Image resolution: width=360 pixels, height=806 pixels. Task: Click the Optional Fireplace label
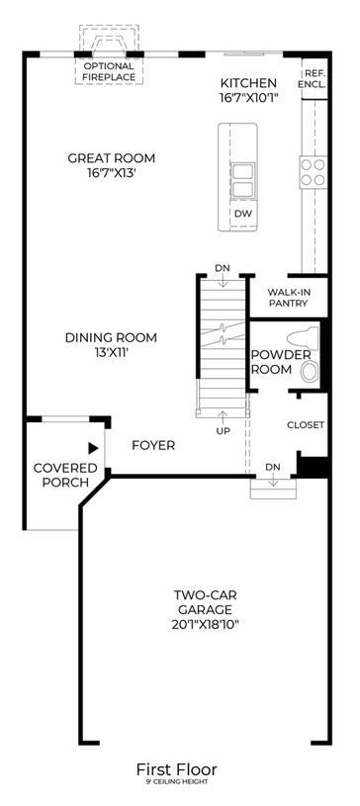tap(109, 72)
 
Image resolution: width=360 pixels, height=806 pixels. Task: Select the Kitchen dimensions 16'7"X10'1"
tap(249, 97)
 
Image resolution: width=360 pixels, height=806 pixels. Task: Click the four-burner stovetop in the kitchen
tap(313, 172)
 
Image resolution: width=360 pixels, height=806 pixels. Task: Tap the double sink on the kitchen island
tap(242, 180)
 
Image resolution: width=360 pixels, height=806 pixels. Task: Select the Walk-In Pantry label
tap(288, 298)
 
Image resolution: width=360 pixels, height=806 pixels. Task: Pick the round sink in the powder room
tap(310, 372)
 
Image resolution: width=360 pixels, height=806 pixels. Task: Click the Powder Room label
tap(280, 362)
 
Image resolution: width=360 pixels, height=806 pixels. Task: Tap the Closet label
tap(306, 425)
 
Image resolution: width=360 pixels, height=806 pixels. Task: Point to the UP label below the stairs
tap(224, 431)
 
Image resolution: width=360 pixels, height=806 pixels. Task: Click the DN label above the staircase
tap(223, 268)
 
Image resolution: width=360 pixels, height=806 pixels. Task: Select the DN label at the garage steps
tap(273, 467)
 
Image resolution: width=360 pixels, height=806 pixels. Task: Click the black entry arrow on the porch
tap(93, 448)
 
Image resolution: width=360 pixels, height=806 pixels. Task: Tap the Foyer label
tap(153, 445)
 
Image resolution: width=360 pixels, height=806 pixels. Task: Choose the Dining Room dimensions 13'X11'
tap(111, 353)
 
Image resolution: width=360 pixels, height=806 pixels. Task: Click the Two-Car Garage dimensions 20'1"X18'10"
tap(205, 625)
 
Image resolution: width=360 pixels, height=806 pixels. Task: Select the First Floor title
tap(176, 769)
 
